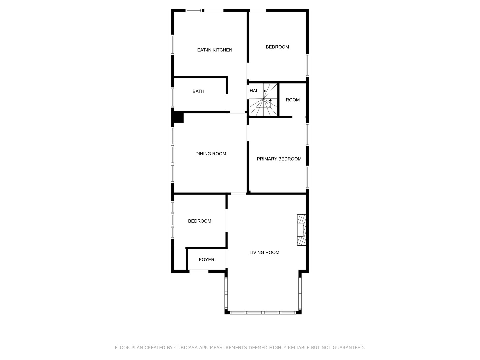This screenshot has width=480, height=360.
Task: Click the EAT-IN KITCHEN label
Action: pos(215,50)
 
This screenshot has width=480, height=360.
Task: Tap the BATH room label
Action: pos(198,91)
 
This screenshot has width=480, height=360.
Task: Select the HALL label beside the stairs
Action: pos(255,91)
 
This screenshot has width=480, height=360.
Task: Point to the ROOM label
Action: pos(293,100)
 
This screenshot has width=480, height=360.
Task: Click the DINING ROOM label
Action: pos(211,154)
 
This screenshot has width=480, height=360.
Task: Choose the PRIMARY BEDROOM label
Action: pos(279,159)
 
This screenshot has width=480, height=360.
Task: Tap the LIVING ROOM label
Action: pos(264,252)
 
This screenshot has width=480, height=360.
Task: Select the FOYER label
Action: pos(206,260)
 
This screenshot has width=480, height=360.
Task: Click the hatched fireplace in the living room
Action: pos(302,230)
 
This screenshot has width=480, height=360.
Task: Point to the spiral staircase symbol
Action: pos(263,100)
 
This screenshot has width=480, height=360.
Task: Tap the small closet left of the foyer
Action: pos(180,259)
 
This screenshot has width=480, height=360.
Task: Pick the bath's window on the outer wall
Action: pos(172,97)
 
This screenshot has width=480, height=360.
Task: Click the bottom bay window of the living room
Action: pos(263,313)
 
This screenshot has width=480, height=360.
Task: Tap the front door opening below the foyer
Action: pos(199,271)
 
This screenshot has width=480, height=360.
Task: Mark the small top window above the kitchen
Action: pos(194,10)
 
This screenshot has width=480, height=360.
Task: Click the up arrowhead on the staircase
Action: pos(270,100)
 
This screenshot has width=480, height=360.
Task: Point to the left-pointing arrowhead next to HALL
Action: pos(264,91)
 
